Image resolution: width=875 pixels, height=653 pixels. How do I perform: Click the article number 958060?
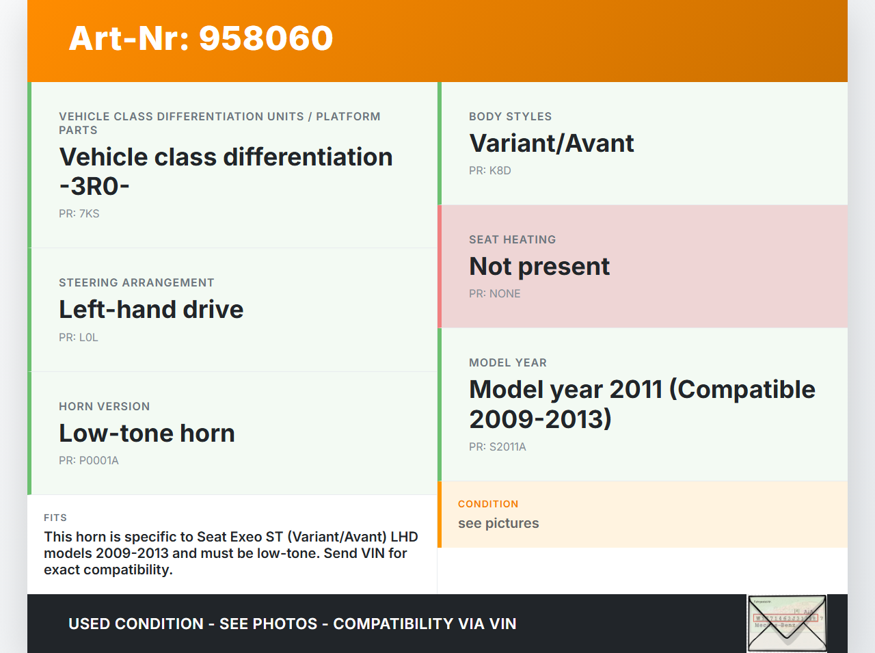point(266,38)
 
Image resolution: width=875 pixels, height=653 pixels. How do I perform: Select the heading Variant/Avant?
point(551,143)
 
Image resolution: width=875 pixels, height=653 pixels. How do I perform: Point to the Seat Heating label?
point(512,239)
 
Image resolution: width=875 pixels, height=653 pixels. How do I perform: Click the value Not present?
point(539,266)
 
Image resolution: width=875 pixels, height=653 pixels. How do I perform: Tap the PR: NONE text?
point(495,294)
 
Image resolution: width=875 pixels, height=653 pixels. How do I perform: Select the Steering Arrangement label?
point(136,282)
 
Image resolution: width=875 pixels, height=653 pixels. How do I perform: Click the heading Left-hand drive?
point(151,309)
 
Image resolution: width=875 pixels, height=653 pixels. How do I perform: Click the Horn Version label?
point(105,406)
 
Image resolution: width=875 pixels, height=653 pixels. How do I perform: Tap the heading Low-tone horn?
point(147,434)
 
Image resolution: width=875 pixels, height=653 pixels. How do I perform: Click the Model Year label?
point(508,363)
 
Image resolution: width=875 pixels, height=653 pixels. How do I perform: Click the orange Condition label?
point(488,504)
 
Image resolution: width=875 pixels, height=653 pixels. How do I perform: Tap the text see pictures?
point(498,523)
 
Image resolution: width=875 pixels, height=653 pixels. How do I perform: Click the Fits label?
point(55,518)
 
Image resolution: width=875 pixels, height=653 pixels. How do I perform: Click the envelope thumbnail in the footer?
point(787,624)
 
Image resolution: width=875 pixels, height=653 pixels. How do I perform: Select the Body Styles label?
point(510,116)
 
